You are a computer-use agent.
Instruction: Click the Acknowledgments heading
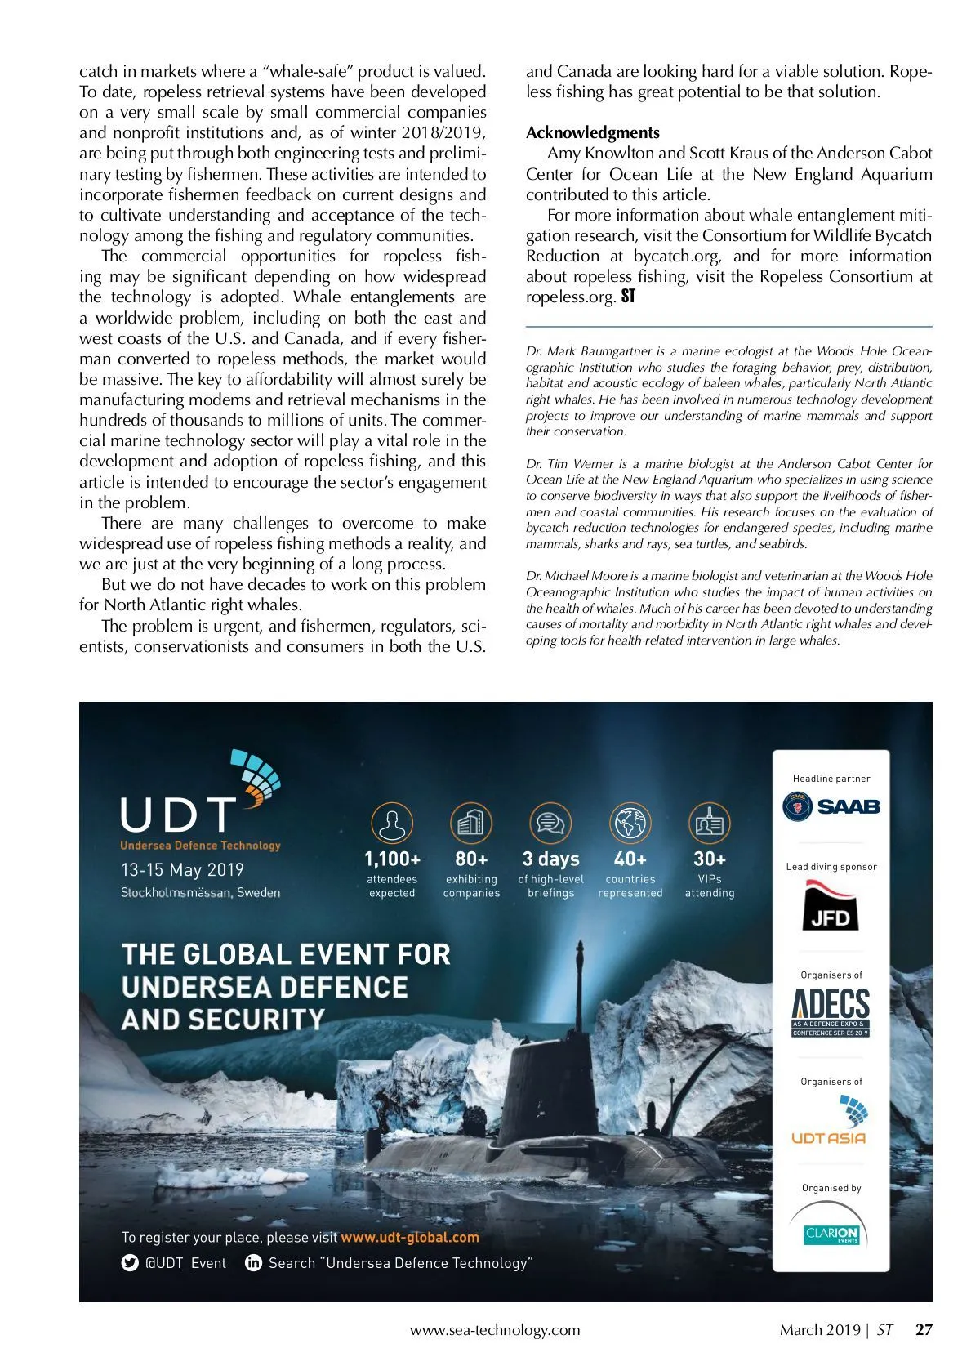592,132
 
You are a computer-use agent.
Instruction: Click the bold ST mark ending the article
628,297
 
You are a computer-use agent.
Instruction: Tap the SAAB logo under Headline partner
831,806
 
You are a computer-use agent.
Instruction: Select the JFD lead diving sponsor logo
830,906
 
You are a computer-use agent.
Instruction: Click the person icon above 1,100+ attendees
392,823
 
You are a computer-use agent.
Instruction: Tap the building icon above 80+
471,823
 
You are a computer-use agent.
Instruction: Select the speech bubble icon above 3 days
550,823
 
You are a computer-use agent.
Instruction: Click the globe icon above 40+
630,823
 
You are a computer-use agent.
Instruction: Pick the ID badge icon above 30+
709,823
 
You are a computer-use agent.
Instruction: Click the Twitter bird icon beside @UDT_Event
130,1263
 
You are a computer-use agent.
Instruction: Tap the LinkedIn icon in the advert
253,1263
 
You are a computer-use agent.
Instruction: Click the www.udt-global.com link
410,1238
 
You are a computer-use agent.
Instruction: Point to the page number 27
924,1329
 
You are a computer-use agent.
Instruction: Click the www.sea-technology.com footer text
495,1330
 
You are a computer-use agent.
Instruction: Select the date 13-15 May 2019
182,870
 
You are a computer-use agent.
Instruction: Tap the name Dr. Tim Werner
571,464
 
